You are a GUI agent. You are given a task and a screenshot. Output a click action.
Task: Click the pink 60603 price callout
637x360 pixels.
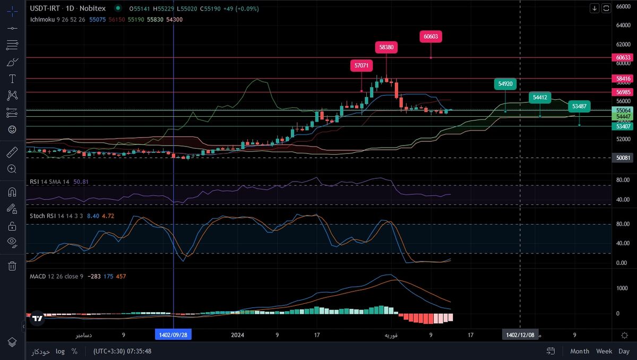click(431, 37)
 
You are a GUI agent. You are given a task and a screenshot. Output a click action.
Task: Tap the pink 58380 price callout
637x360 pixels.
click(386, 47)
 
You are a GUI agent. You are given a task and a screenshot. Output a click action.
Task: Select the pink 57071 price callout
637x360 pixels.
click(361, 66)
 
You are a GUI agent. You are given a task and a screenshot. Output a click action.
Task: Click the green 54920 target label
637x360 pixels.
click(505, 84)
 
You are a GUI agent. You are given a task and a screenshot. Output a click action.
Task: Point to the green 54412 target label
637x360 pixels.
click(540, 97)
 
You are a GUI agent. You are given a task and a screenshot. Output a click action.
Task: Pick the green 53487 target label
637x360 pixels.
click(579, 106)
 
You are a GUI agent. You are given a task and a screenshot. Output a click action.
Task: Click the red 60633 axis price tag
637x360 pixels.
click(623, 57)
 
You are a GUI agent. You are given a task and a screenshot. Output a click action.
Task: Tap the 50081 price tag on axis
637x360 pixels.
click(623, 158)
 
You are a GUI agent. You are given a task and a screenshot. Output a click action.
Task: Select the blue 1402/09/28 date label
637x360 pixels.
click(174, 335)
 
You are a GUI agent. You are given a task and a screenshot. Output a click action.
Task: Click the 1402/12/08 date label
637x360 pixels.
click(520, 335)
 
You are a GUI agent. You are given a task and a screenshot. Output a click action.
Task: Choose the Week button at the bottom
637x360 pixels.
click(604, 351)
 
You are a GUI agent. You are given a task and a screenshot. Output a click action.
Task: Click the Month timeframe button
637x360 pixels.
click(580, 351)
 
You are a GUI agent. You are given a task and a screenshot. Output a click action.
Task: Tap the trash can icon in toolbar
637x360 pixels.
click(12, 266)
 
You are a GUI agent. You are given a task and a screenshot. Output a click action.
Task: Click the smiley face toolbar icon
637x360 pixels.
click(12, 129)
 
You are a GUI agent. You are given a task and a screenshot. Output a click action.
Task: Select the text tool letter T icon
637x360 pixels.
click(12, 79)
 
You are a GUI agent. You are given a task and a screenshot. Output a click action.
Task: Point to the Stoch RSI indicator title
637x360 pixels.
click(44, 216)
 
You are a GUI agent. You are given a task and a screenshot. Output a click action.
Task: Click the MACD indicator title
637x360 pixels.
click(38, 276)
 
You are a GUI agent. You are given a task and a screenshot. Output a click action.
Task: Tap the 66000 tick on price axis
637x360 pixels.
click(623, 6)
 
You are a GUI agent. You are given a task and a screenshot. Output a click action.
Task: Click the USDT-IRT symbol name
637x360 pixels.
click(45, 8)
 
